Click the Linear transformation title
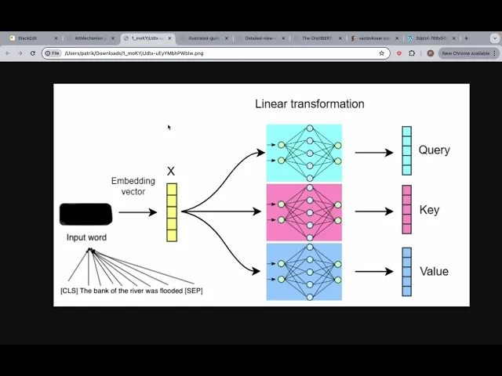click(x=309, y=103)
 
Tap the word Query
click(x=434, y=150)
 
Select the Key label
click(x=429, y=210)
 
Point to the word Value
click(x=434, y=271)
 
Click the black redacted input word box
click(x=85, y=213)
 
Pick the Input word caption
click(x=86, y=237)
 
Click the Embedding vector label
click(x=133, y=186)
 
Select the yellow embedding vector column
click(x=172, y=212)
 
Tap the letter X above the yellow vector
click(x=171, y=172)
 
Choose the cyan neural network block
click(x=304, y=152)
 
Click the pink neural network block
click(x=304, y=212)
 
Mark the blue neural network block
click(x=304, y=272)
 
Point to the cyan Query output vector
click(x=406, y=150)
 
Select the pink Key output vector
click(x=406, y=210)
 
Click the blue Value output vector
click(x=406, y=272)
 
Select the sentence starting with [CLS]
click(x=131, y=291)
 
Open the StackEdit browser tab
click(x=28, y=38)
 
